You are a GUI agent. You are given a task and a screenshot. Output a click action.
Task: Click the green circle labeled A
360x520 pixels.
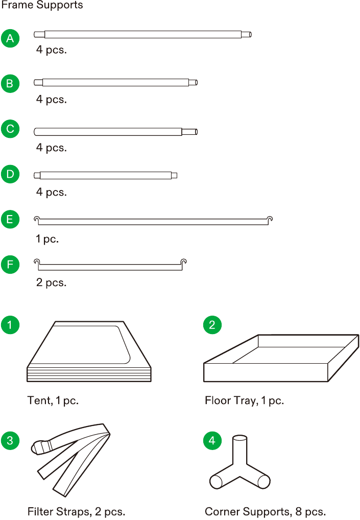point(10,38)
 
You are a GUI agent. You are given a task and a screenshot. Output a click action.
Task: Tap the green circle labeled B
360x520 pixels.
point(10,84)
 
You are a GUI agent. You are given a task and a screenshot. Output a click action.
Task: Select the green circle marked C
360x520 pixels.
point(10,129)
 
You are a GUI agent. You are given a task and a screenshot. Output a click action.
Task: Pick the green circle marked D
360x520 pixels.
point(10,174)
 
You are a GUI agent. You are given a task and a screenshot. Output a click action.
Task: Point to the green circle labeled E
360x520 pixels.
point(10,220)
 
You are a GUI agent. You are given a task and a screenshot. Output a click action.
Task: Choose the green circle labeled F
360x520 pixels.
point(10,265)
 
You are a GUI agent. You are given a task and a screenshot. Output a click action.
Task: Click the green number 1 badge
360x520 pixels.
point(10,325)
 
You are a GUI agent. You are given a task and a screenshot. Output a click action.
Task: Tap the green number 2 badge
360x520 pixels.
point(212,325)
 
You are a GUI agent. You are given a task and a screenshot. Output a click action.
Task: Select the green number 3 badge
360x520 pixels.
point(10,440)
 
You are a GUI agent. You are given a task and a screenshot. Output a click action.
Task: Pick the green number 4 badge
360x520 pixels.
point(212,440)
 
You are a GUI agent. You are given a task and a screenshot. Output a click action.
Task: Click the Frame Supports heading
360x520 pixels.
point(42,5)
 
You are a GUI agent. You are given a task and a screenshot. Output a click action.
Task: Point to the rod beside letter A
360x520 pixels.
point(142,35)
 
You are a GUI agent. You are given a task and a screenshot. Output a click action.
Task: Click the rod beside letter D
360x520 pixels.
point(105,175)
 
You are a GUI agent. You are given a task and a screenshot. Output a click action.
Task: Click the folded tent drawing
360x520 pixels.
point(89,351)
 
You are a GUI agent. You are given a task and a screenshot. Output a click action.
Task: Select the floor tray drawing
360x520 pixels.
point(281,358)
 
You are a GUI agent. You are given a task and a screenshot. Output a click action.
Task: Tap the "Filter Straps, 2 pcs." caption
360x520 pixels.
point(76,511)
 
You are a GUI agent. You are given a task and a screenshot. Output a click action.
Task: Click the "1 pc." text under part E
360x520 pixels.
point(47,239)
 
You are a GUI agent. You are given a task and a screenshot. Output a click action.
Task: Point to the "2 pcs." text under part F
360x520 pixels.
point(52,282)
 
